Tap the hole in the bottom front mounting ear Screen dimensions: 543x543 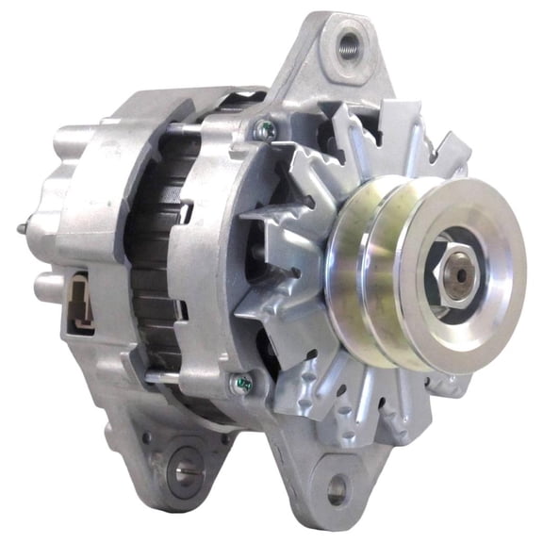coord(337,487)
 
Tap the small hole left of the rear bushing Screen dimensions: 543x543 coord(146,438)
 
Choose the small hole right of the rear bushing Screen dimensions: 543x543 coord(224,436)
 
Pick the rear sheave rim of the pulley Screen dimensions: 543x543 coord(349,283)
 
